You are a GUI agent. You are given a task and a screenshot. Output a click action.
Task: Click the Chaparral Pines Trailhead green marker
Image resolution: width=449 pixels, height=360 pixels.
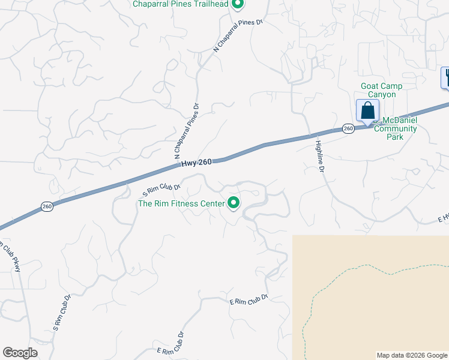238,5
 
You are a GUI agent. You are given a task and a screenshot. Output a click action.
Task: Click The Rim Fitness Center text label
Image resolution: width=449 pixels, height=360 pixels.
182,203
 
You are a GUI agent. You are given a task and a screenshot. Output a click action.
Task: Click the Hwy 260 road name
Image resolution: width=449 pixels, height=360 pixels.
197,162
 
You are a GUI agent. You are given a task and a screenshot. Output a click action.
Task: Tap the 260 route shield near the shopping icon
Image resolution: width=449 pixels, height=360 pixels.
348,128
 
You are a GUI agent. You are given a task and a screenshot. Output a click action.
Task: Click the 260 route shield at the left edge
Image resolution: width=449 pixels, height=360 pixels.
47,206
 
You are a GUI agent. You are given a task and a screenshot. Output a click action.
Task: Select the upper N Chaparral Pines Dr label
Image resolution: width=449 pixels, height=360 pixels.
239,35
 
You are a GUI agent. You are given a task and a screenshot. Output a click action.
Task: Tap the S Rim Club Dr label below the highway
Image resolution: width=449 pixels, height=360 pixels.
161,190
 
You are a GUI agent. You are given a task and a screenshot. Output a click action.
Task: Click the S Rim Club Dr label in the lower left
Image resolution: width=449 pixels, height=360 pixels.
62,313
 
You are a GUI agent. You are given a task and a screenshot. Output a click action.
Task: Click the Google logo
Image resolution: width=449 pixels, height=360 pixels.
20,353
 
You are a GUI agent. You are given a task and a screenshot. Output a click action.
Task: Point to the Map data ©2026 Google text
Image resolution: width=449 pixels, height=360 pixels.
411,355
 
